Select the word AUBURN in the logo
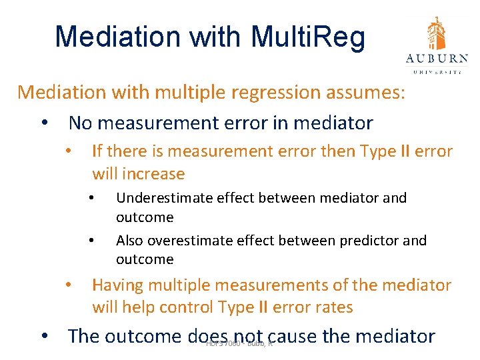pyautogui.click(x=437, y=58)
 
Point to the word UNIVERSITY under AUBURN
pyautogui.click(x=437, y=71)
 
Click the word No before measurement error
pyautogui.click(x=81, y=123)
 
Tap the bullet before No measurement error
pyautogui.click(x=44, y=124)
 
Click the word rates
pyautogui.click(x=333, y=307)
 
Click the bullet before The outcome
pyautogui.click(x=44, y=337)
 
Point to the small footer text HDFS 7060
pyautogui.click(x=223, y=343)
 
